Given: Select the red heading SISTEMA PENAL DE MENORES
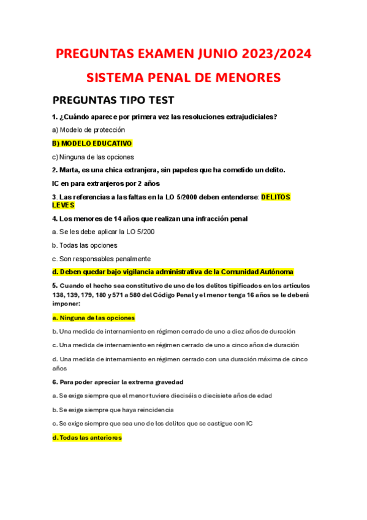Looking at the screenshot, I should point(183,78).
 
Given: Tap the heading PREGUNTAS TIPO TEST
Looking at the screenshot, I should point(113,100).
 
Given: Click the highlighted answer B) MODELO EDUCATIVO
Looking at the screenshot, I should point(92,143).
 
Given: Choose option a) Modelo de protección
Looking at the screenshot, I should point(88,130).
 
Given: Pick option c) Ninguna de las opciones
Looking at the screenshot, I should point(93,157).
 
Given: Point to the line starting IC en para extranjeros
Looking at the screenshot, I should point(105,183).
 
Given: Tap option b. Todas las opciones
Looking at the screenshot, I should point(84,245).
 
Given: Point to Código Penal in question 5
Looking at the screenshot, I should point(195,294).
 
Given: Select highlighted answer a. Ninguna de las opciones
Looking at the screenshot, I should point(93,318).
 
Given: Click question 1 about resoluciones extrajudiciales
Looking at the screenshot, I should point(165,117).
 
